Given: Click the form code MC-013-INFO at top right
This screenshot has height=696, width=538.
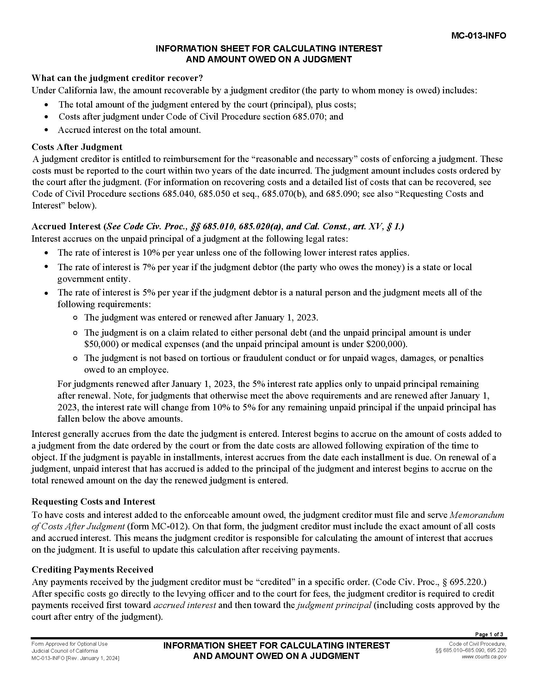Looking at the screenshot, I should (479, 36).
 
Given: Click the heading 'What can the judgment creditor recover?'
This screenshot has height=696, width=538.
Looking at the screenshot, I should (117, 78).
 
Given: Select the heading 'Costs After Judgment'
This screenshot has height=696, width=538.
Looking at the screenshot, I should (77, 147).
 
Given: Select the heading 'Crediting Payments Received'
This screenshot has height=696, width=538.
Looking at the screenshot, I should (92, 569).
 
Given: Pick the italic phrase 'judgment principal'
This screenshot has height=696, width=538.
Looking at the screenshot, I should (334, 605).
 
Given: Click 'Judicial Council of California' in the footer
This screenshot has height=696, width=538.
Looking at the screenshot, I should (64, 651).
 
